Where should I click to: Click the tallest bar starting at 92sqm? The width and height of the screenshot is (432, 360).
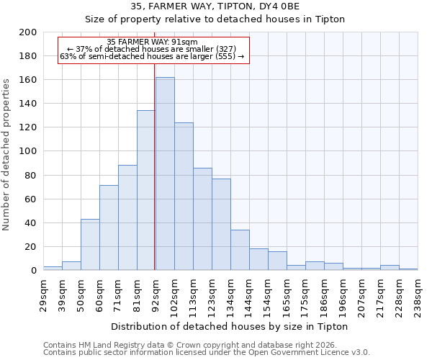pos(165,174)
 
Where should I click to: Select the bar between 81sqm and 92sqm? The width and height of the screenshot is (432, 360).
pos(146,190)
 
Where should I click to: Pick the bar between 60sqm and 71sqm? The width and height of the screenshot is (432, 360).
pos(109,228)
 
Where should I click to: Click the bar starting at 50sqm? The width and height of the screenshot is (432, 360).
pos(90,245)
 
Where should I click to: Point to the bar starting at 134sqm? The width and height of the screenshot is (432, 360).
pos(240,250)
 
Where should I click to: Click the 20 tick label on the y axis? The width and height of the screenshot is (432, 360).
pos(30,247)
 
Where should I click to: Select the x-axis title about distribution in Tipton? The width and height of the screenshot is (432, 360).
pos(230,326)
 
